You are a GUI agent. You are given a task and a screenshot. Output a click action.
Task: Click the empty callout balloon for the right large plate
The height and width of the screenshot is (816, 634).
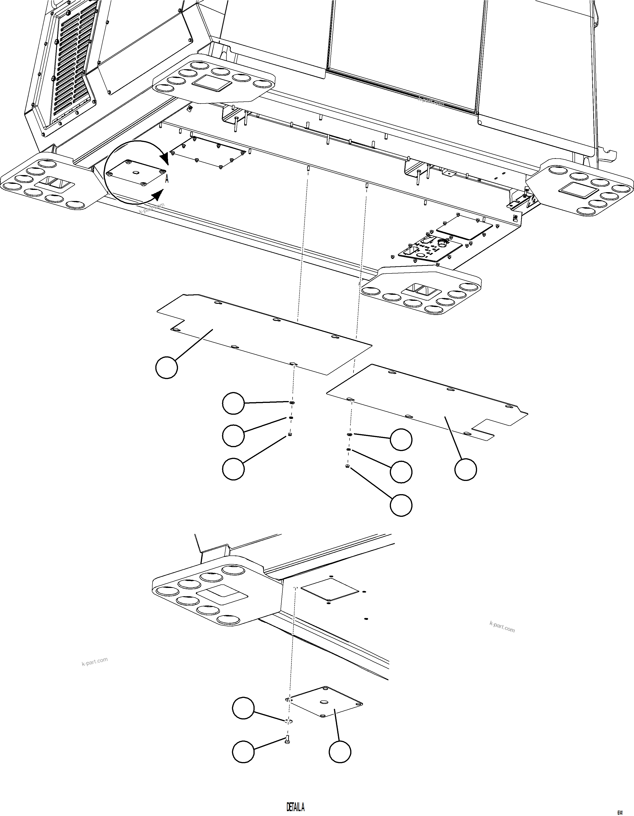click(465, 469)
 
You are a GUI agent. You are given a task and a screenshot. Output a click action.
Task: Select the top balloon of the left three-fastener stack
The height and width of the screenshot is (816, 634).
click(233, 403)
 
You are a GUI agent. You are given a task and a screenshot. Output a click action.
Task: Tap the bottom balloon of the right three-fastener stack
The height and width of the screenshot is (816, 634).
click(401, 505)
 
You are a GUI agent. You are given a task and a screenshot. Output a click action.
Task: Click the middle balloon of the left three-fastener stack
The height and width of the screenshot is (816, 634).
click(233, 436)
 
